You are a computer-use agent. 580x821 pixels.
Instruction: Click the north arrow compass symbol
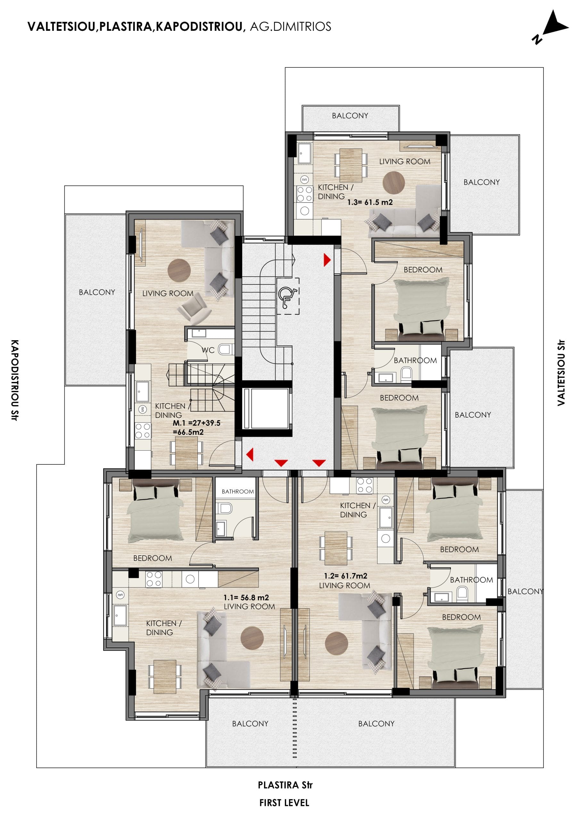pyautogui.click(x=550, y=27)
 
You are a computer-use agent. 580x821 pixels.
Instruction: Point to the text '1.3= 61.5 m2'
pyautogui.click(x=370, y=202)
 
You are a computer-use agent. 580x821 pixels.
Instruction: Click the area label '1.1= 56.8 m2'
pyautogui.click(x=246, y=597)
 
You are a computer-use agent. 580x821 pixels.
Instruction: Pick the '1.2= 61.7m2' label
pyautogui.click(x=345, y=576)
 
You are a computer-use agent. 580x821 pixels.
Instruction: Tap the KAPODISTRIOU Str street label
pyautogui.click(x=14, y=380)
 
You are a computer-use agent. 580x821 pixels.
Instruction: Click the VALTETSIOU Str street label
pyautogui.click(x=561, y=373)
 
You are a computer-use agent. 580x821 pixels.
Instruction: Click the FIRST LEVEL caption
pyautogui.click(x=285, y=803)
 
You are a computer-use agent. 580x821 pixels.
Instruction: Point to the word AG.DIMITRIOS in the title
pyautogui.click(x=291, y=27)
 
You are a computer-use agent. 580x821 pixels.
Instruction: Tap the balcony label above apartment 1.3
pyautogui.click(x=350, y=116)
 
